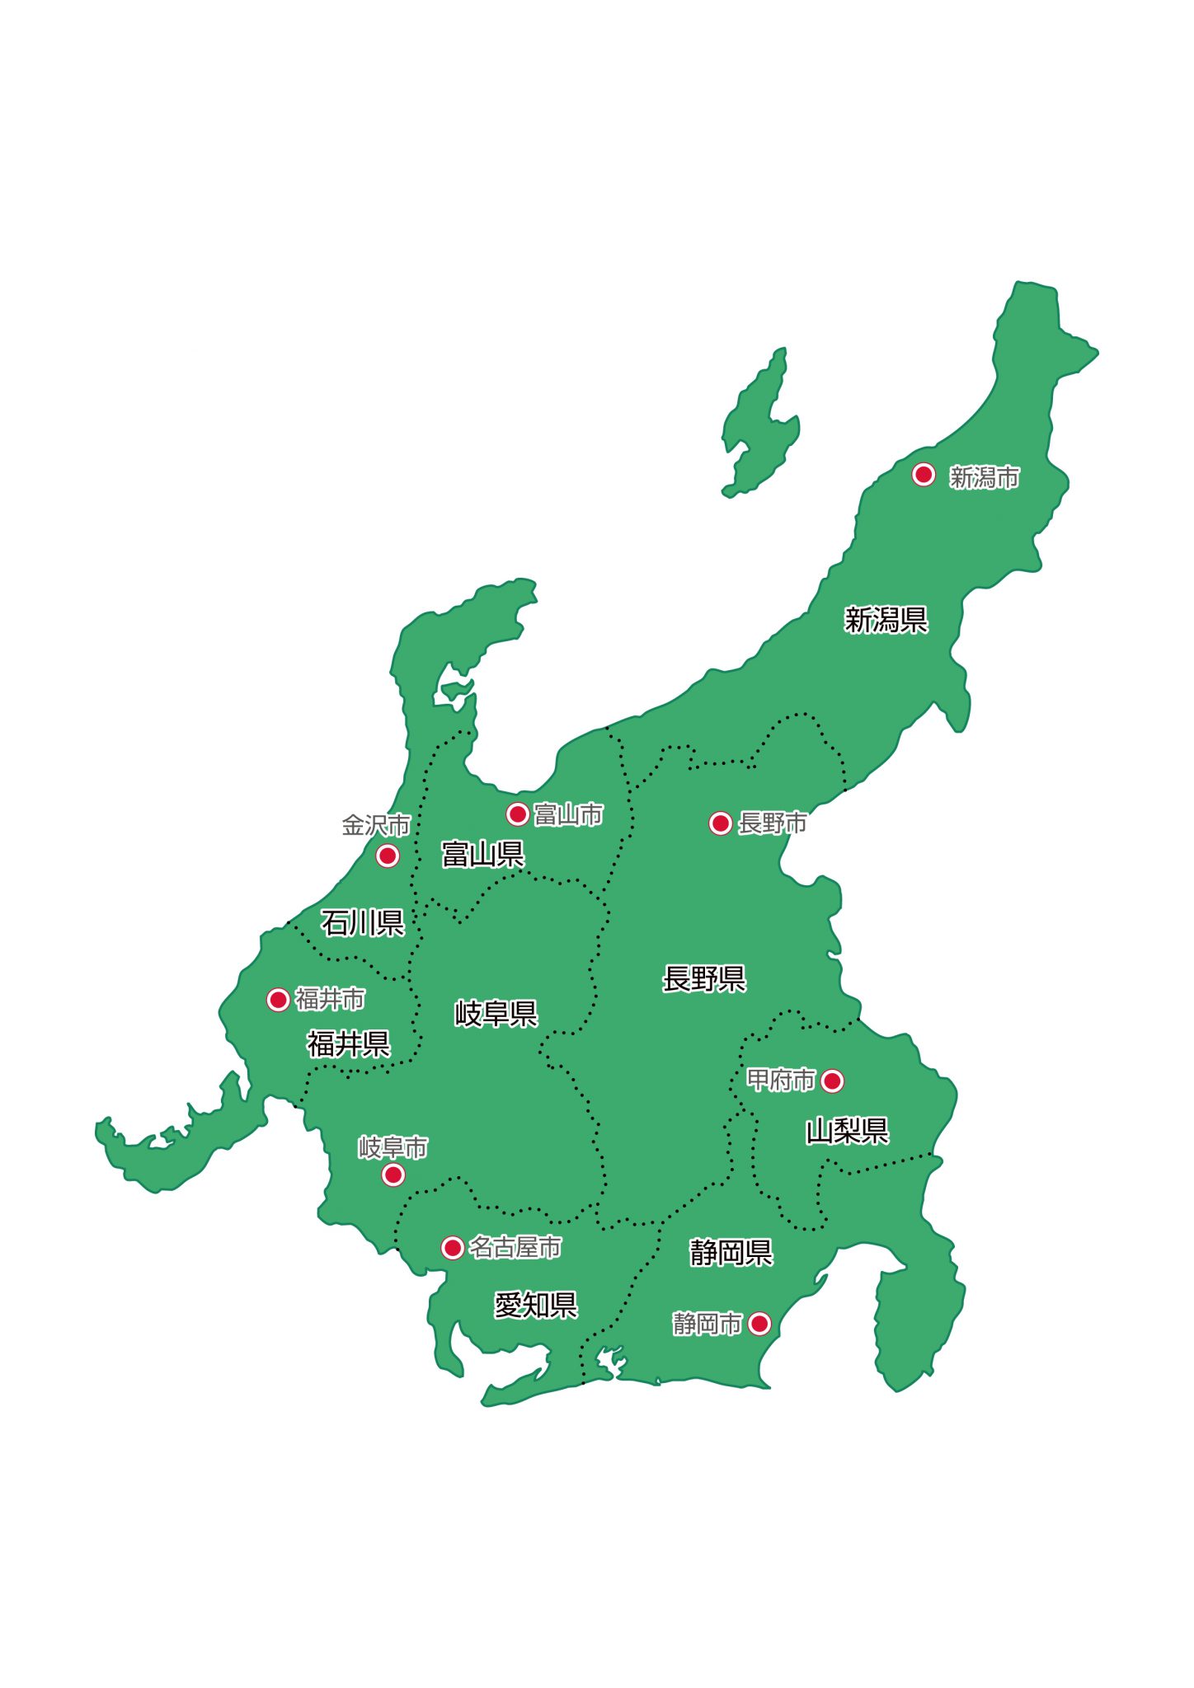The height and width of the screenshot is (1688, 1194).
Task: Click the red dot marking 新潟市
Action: coord(923,475)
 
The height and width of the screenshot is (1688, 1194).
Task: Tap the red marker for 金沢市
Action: coord(388,856)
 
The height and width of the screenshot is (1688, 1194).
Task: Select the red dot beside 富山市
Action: coord(517,814)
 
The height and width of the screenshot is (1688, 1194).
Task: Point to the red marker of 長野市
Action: coord(720,823)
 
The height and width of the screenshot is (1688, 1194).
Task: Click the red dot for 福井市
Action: coord(278,1000)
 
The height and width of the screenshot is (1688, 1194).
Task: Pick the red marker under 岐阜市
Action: coord(393,1175)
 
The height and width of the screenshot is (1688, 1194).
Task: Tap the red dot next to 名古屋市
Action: coord(452,1248)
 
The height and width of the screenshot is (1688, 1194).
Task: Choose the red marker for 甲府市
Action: coord(832,1081)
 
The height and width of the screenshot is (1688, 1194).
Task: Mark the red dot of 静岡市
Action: coord(759,1324)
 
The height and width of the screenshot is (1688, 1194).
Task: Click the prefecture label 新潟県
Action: coord(886,620)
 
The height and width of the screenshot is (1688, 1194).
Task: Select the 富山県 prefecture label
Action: coord(482,855)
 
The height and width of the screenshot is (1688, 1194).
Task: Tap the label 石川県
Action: coord(362,923)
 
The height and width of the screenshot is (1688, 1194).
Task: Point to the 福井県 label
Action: coord(349,1044)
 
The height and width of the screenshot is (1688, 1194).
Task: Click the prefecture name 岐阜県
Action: coord(496,1014)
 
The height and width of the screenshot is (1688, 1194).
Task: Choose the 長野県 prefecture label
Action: coord(704,979)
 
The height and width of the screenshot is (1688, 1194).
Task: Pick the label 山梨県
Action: coord(847,1132)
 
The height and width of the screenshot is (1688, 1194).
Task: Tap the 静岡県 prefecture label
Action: coord(731,1253)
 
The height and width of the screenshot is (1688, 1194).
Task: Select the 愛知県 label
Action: coord(535,1306)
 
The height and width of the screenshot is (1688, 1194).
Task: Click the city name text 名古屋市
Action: coord(515,1248)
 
